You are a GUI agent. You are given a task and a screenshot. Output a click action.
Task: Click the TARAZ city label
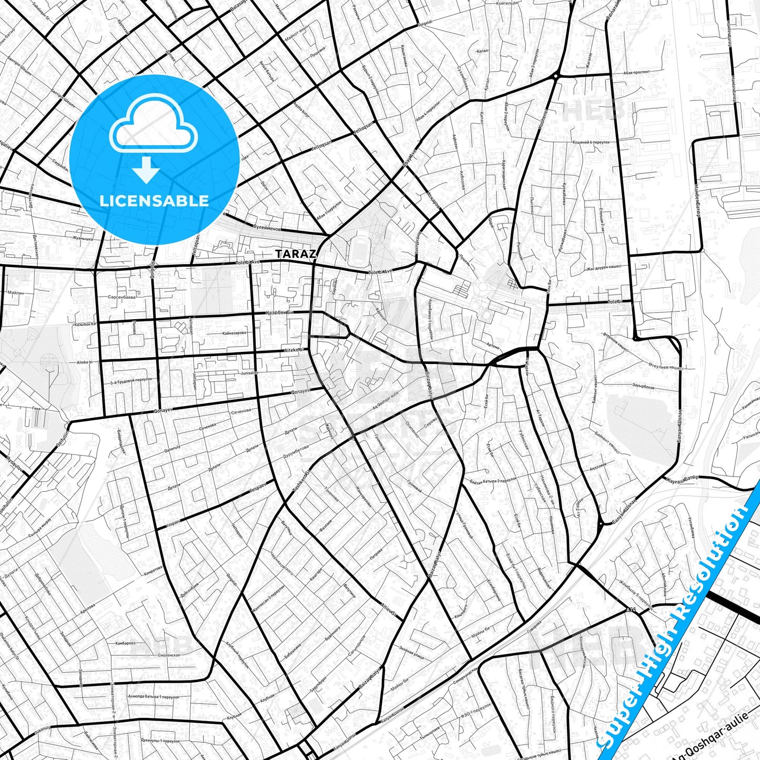(x=296, y=254)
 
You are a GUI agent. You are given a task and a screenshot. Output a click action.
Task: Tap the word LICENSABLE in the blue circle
(x=154, y=200)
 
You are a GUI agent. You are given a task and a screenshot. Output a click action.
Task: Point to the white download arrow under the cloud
(x=146, y=170)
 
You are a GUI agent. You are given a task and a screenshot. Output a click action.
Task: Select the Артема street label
(x=493, y=346)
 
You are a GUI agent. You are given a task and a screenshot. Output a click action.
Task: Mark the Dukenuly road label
(x=42, y=729)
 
